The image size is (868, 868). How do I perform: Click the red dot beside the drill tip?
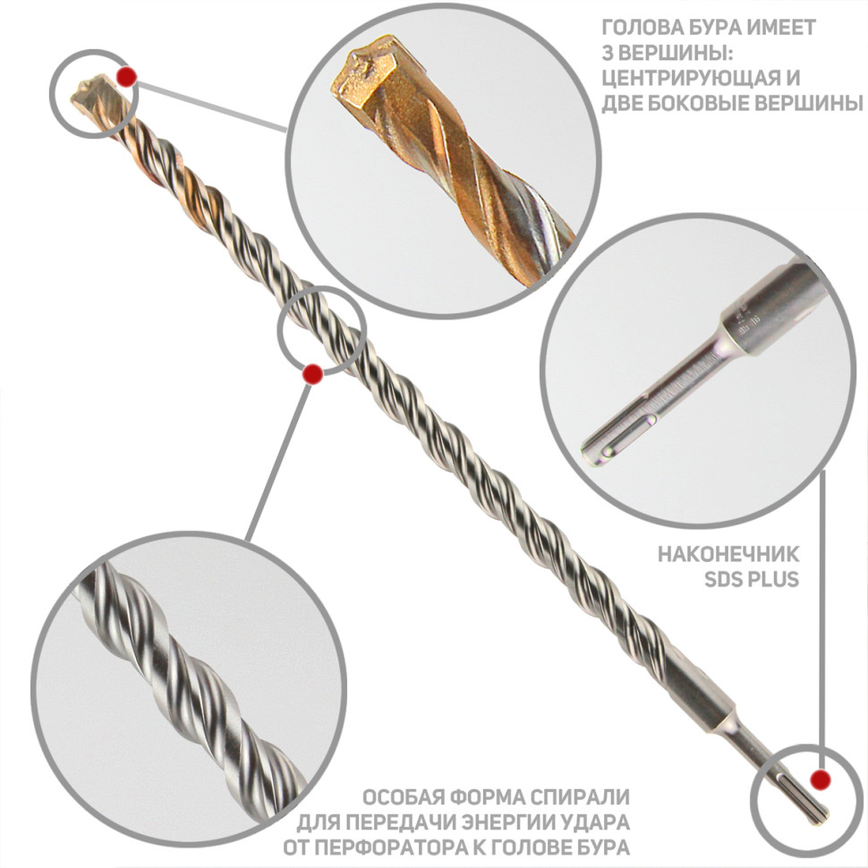pos(127,77)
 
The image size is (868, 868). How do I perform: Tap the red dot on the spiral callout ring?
pos(313,374)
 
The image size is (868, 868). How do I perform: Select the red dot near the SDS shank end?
pos(821,779)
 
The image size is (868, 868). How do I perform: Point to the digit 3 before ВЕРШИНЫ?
pos(608,53)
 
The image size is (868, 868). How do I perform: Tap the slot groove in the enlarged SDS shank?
pos(626,436)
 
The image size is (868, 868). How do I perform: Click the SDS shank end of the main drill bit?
pos(802,797)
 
